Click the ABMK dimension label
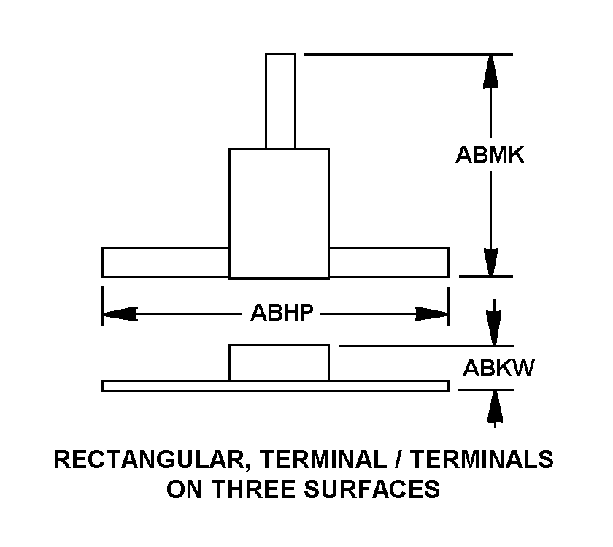pyautogui.click(x=490, y=155)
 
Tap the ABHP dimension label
pyautogui.click(x=282, y=313)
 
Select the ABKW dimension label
pyautogui.click(x=498, y=368)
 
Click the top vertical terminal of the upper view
pyautogui.click(x=280, y=101)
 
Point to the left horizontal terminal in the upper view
pyautogui.click(x=166, y=262)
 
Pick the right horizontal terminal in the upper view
pyautogui.click(x=388, y=262)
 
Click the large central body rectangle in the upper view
pyautogui.click(x=279, y=213)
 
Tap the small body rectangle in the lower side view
pyautogui.click(x=279, y=362)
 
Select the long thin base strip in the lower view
pyautogui.click(x=275, y=386)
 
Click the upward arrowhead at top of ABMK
pyautogui.click(x=490, y=72)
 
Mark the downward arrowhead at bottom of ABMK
pyautogui.click(x=490, y=261)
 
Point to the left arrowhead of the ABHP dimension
pyautogui.click(x=120, y=314)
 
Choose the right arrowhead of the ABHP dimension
pyautogui.click(x=431, y=314)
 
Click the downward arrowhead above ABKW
pyautogui.click(x=494, y=328)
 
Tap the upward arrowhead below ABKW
pyautogui.click(x=495, y=407)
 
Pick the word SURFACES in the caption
pyautogui.click(x=372, y=489)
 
